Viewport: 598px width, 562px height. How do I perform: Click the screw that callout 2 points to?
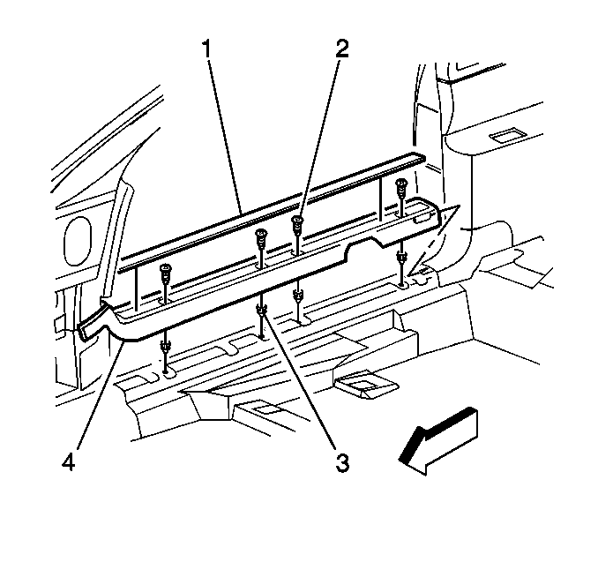[298, 229]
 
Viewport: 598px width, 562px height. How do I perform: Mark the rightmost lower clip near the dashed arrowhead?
[402, 263]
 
